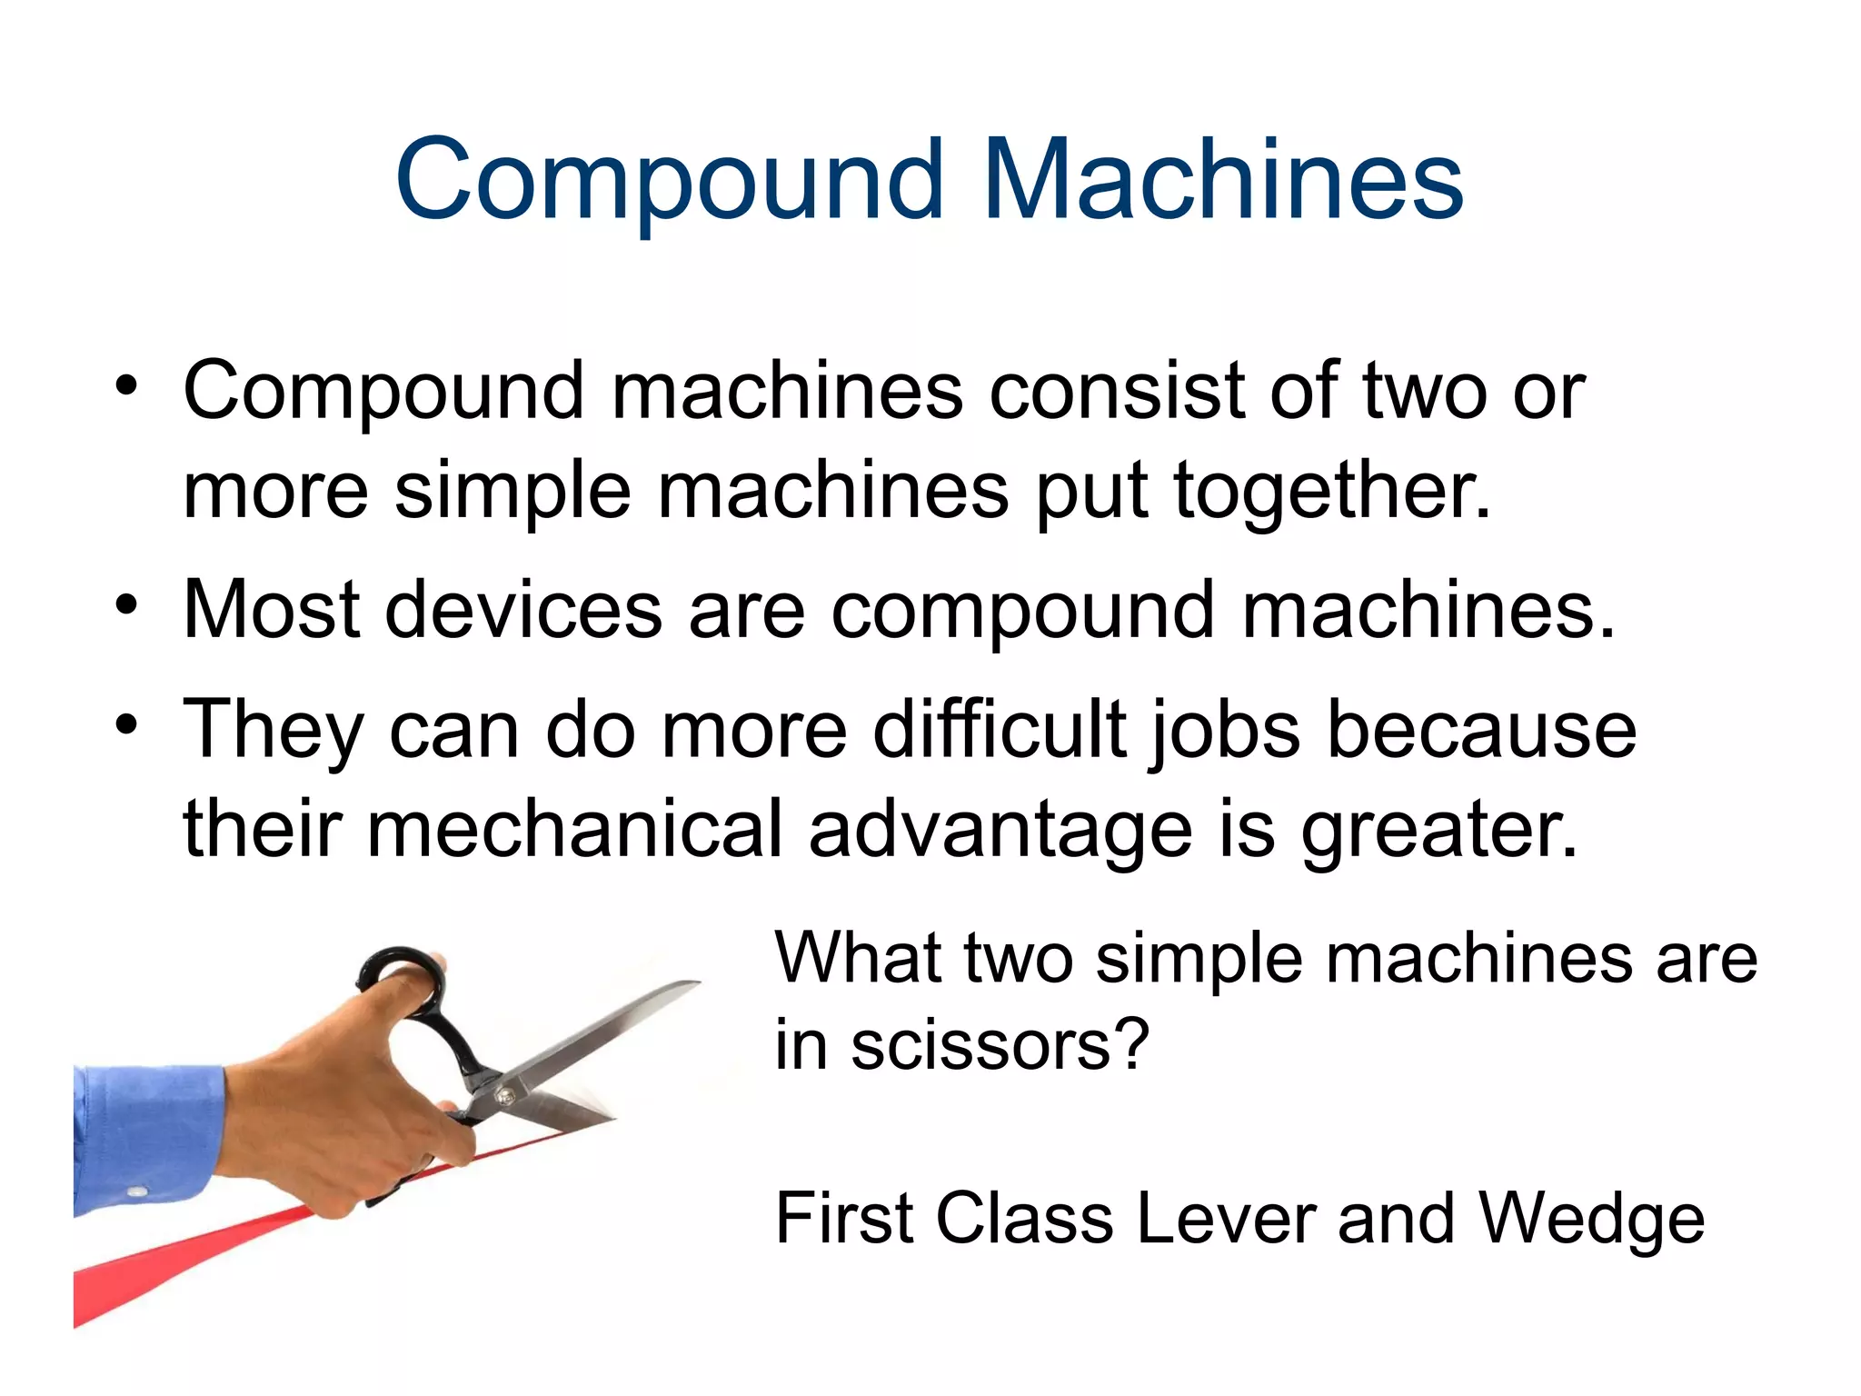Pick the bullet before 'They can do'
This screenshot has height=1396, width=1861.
click(x=126, y=723)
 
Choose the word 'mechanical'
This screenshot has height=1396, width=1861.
click(x=574, y=829)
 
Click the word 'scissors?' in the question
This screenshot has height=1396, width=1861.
click(x=1000, y=1045)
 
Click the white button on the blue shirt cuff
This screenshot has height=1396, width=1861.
click(x=137, y=1192)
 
